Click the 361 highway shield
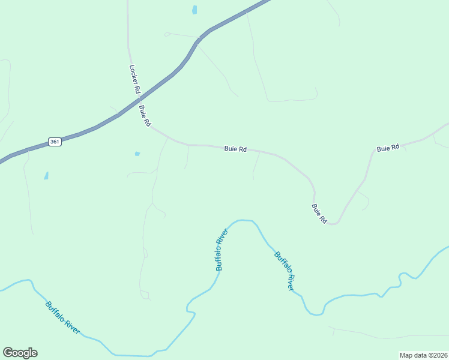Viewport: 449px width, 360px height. point(55,142)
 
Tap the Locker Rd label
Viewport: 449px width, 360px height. point(135,79)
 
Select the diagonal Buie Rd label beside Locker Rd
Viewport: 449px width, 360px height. point(145,116)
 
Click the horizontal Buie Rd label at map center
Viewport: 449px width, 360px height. point(235,149)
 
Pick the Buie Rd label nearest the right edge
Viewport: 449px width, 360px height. point(388,148)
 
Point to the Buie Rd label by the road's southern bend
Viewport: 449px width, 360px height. point(319,214)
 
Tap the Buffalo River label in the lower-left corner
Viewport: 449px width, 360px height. point(62,317)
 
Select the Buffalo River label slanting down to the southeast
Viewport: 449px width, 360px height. point(285,271)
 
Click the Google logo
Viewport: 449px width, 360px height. point(20,353)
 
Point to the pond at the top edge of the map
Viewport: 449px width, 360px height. point(194,10)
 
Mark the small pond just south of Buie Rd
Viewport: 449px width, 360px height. point(137,154)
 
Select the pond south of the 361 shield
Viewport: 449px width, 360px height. point(46,176)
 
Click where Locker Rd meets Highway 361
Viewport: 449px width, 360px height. point(137,100)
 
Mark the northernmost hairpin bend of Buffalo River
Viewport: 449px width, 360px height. point(243,220)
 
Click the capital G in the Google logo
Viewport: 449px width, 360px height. point(8,353)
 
